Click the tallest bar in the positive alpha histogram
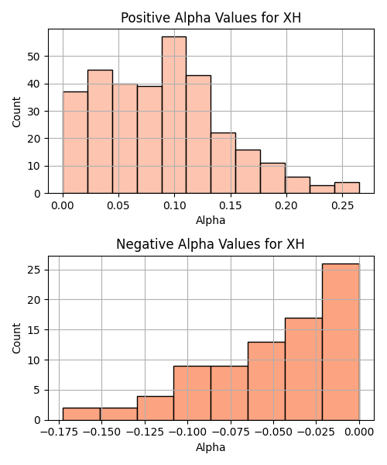[174, 115]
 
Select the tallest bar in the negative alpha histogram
[341, 342]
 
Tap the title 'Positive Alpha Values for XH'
[211, 18]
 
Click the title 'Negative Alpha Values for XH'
[211, 244]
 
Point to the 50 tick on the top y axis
[33, 57]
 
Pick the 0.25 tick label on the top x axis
[342, 205]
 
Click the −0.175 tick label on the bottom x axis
[59, 432]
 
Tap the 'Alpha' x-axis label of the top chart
[211, 220]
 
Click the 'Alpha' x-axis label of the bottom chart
[211, 447]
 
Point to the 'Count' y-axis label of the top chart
[16, 112]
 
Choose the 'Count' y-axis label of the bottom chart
[16, 339]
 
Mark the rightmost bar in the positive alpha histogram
[347, 188]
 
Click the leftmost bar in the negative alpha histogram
[81, 415]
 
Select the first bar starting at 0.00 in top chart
[75, 143]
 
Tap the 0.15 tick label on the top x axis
[231, 205]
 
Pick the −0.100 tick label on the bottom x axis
[187, 432]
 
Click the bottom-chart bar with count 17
[303, 369]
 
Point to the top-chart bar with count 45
[100, 132]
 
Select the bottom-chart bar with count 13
[266, 381]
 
